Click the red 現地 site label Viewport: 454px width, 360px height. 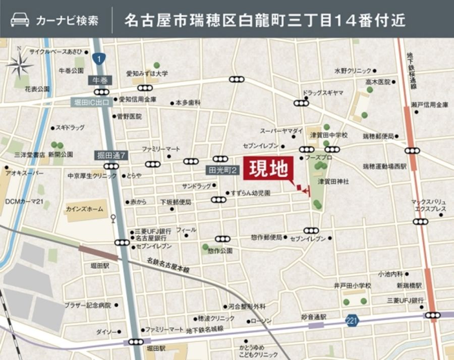(x=268, y=168)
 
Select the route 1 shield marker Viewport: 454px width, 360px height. (x=99, y=59)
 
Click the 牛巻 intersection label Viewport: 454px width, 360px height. (x=100, y=80)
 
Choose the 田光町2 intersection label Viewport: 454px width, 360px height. (x=222, y=170)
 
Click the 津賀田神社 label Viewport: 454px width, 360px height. (x=333, y=181)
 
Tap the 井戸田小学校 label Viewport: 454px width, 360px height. (x=352, y=285)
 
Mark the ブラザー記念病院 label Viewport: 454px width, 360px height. (x=87, y=305)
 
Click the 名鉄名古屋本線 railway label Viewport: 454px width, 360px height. (x=168, y=266)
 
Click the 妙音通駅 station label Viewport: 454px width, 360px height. (x=314, y=317)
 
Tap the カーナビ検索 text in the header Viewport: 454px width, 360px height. (x=67, y=21)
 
